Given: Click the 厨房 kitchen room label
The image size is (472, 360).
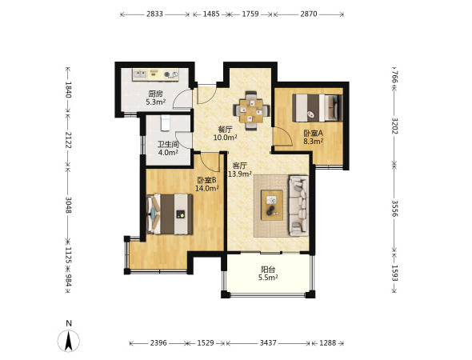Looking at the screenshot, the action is pyautogui.click(x=155, y=94).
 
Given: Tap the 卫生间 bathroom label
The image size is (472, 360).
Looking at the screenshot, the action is pyautogui.click(x=168, y=145).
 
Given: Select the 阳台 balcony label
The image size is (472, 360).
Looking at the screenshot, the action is pyautogui.click(x=268, y=270).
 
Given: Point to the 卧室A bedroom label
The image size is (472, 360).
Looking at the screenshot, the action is pyautogui.click(x=313, y=133).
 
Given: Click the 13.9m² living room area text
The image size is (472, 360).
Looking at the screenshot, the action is pyautogui.click(x=240, y=174).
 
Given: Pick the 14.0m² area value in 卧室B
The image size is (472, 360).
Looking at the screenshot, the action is pyautogui.click(x=207, y=189).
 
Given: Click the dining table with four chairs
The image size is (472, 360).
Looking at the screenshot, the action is pyautogui.click(x=251, y=110).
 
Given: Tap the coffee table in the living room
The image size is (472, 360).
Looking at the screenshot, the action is pyautogui.click(x=272, y=205).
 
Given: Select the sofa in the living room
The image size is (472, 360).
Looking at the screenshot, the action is pyautogui.click(x=298, y=206).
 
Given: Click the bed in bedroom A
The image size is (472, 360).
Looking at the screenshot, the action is pyautogui.click(x=318, y=108).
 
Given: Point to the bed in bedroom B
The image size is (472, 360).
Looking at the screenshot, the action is pyautogui.click(x=170, y=214).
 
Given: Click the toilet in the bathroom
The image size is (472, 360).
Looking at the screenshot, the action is pyautogui.click(x=166, y=123).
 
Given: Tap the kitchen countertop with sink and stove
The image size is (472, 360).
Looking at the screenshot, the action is pyautogui.click(x=156, y=74).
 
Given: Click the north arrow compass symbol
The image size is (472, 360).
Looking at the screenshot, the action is pyautogui.click(x=69, y=341).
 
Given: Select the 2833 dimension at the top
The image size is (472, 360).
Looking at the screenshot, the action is pyautogui.click(x=154, y=14).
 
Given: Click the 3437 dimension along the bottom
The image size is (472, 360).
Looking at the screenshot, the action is pyautogui.click(x=268, y=343).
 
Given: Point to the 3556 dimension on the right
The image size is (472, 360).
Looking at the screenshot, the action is pyautogui.click(x=395, y=208).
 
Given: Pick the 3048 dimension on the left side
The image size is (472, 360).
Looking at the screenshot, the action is pyautogui.click(x=68, y=205).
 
